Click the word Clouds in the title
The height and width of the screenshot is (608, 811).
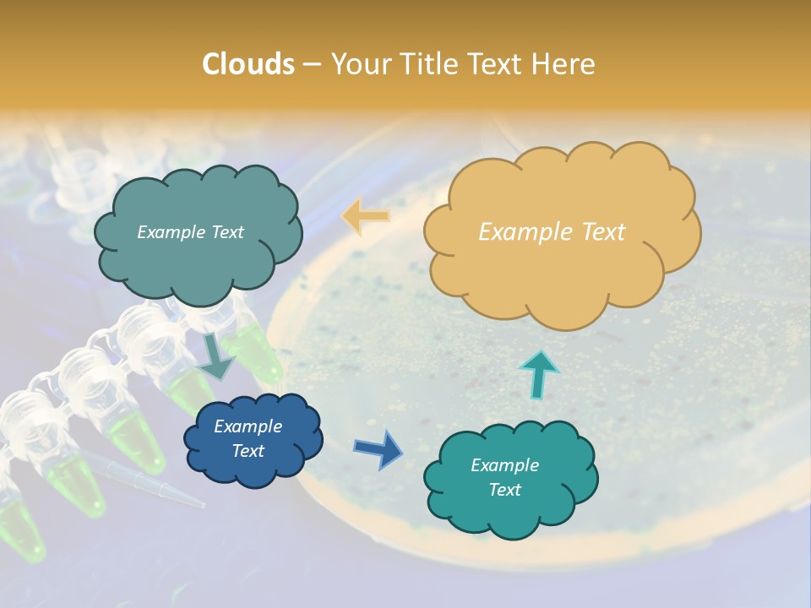pos(248,64)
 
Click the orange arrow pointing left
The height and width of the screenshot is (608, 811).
pos(366,216)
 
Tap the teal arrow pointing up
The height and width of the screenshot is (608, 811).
pos(539,374)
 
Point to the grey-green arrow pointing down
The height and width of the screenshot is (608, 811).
pos(216,357)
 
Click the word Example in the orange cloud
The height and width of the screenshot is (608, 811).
pos(516,232)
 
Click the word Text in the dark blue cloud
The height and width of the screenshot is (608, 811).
pos(248,451)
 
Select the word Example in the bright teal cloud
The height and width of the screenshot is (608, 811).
pos(504,465)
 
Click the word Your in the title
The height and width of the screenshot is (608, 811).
pos(358,64)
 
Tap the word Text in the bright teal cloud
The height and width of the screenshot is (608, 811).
pos(504,490)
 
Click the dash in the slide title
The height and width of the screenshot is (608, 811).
pos(311,65)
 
